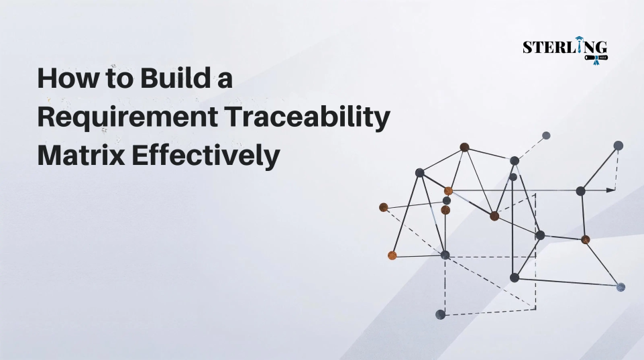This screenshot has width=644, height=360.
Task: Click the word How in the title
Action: tap(60, 79)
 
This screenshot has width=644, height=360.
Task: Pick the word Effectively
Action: tap(205, 156)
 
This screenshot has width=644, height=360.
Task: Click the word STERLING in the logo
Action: tap(564, 47)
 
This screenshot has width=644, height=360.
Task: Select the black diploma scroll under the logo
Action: tap(594, 58)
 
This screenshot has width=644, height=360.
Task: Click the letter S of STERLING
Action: tap(527, 48)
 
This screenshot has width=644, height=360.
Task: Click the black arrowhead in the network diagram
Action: tap(610, 190)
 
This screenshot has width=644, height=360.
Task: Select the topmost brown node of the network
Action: tap(464, 147)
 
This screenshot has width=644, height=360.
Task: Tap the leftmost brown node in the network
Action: tap(384, 207)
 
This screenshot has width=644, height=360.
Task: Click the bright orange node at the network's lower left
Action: tap(392, 255)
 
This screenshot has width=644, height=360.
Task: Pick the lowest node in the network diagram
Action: tap(440, 314)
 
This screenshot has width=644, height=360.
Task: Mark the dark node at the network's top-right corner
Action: tap(619, 145)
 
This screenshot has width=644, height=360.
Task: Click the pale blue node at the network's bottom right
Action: tap(621, 287)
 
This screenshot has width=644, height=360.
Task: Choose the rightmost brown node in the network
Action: tap(586, 239)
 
